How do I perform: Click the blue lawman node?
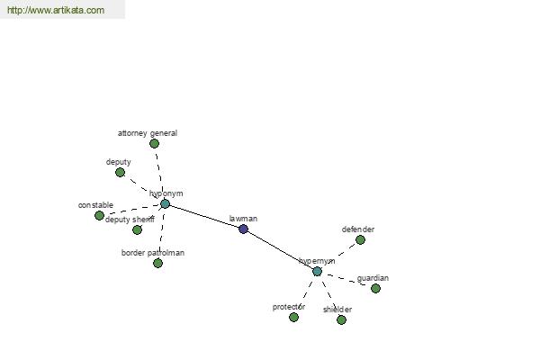point(244,229)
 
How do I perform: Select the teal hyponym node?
point(166,204)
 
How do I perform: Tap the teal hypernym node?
point(317,272)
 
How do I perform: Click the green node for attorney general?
point(154,144)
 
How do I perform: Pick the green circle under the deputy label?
point(121,172)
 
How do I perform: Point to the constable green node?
point(100,216)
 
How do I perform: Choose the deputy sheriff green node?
point(137,229)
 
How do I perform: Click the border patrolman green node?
point(157,263)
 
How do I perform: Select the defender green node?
point(360,239)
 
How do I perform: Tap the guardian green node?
point(375,288)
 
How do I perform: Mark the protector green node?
point(293,318)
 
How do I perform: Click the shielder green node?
point(341,320)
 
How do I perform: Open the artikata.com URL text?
point(56,10)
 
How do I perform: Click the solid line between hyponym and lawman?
point(204,216)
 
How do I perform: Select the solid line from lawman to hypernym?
point(280,250)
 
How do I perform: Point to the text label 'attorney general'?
point(148,133)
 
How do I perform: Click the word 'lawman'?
point(243,219)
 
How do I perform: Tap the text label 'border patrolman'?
point(153,253)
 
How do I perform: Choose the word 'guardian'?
point(373,278)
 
